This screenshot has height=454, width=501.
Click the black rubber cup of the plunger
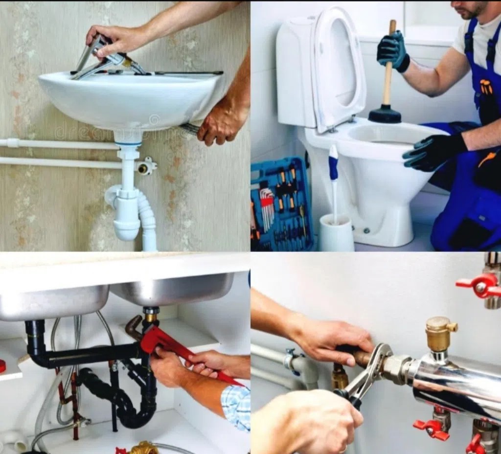click(385, 114)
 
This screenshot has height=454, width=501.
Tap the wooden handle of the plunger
click(389, 68)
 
